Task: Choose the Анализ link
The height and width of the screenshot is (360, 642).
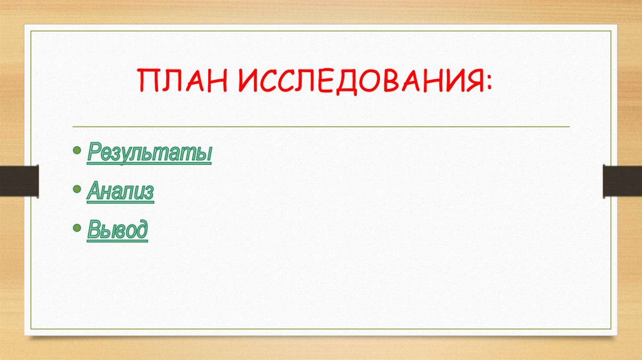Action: [x=120, y=191]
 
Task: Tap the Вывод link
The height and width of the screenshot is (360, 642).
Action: [x=118, y=231]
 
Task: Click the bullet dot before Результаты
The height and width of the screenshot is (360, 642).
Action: [x=76, y=152]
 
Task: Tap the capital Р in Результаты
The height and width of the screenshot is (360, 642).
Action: [x=93, y=152]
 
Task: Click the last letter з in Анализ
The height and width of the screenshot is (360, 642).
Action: [x=148, y=193]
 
